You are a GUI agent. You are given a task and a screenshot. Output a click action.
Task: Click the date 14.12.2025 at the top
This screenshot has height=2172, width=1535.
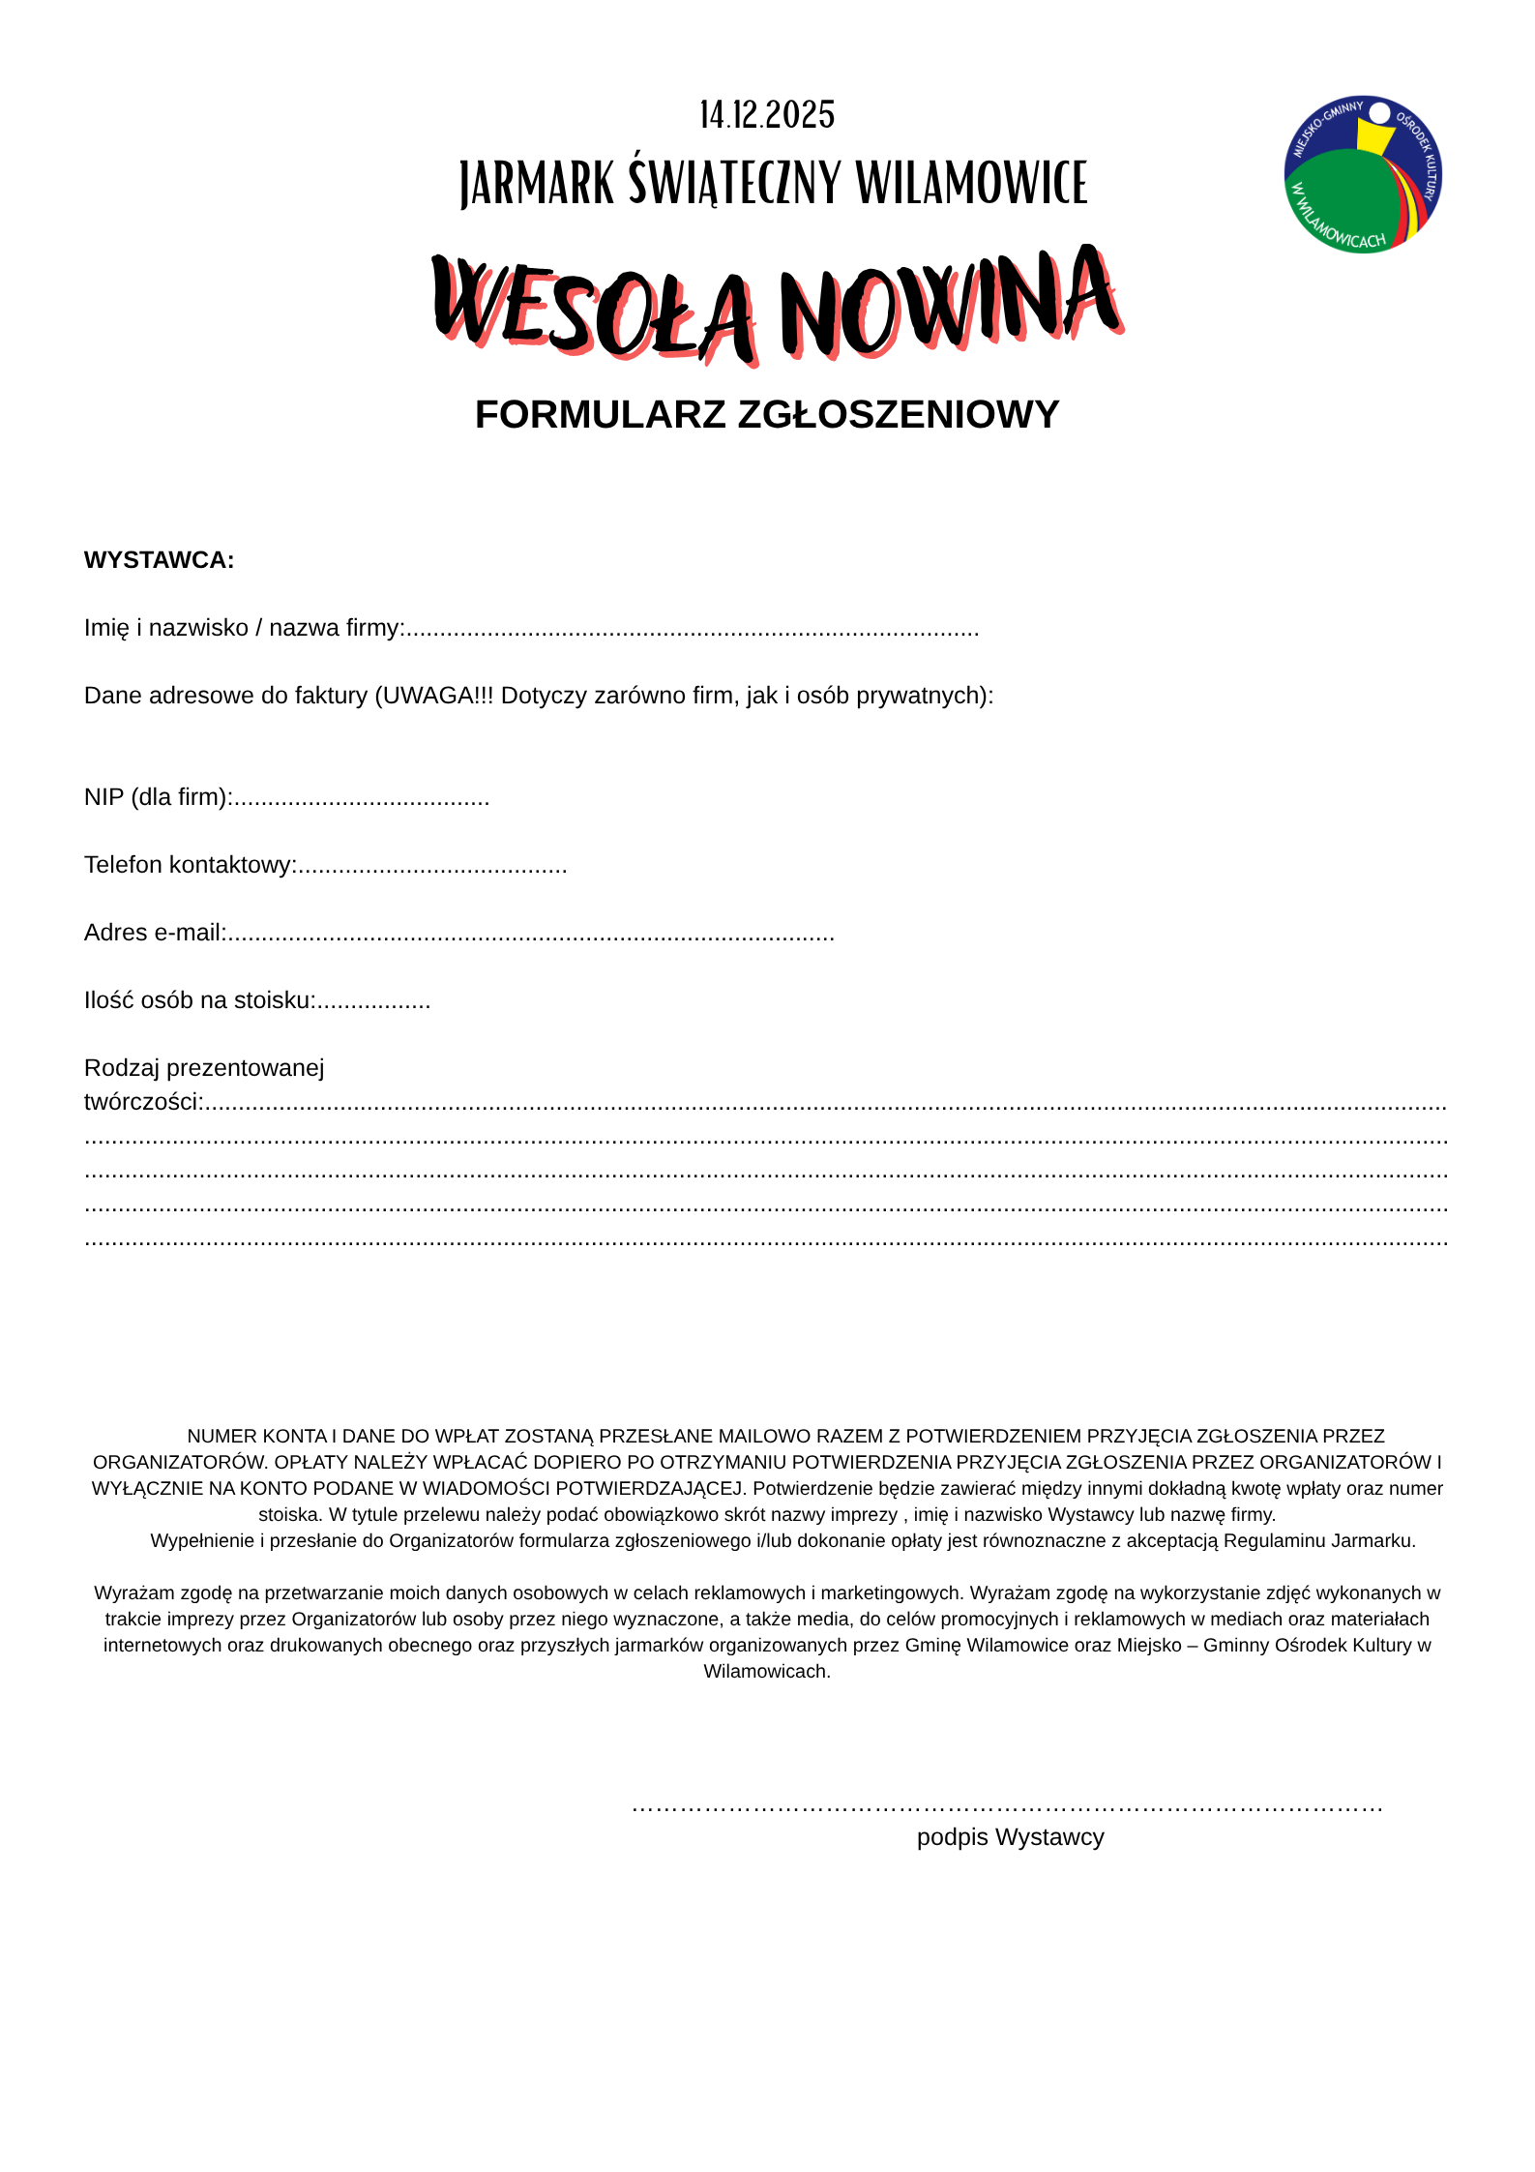pos(767,115)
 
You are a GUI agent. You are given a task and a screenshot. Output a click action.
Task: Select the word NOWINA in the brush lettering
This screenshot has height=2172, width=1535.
pos(948,302)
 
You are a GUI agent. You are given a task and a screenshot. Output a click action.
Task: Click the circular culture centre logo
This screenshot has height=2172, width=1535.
pos(1362,174)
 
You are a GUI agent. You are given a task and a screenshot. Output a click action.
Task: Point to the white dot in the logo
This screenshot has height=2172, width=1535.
pos(1379,114)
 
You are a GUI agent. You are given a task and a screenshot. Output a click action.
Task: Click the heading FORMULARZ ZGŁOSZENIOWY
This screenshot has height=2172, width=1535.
pos(767,414)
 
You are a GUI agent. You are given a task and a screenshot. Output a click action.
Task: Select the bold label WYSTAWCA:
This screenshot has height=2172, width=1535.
pos(159,560)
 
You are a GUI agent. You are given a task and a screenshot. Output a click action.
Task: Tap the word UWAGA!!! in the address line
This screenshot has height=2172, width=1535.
pos(438,696)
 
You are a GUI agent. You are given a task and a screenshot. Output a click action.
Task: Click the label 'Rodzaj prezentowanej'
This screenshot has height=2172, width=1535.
pos(204,1068)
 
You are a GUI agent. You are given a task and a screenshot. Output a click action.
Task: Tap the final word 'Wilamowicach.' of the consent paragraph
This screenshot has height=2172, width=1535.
pos(767,1671)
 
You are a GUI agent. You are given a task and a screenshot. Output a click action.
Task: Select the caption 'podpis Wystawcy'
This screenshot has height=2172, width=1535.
pos(1010,1837)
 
